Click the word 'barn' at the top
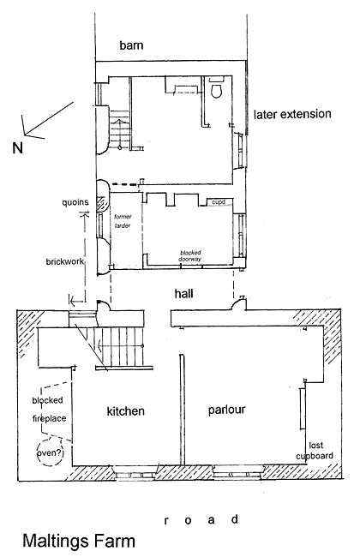point(131,45)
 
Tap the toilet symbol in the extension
point(216,89)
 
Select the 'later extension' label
point(292,114)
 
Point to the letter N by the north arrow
point(17,147)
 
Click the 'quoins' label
point(75,202)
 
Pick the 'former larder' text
point(123,221)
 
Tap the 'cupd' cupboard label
point(219,202)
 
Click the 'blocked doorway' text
point(190,255)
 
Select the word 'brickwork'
point(65,261)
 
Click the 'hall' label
point(183,293)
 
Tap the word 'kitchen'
point(125,411)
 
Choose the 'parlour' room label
point(227,410)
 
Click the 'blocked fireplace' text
point(49,410)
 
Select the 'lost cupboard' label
point(315,451)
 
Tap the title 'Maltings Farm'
point(79,542)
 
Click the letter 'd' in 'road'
point(235,519)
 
